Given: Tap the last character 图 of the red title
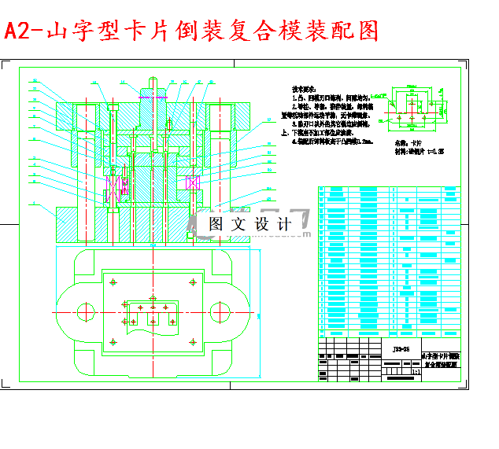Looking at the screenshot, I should coord(365,31).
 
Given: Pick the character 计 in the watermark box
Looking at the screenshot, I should coord(284,224).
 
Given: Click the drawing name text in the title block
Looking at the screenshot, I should coord(440,361).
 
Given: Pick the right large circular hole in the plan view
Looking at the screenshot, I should coord(218,312).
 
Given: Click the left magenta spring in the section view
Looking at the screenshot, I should coord(115,190).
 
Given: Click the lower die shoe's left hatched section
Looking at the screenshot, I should coord(74,223).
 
